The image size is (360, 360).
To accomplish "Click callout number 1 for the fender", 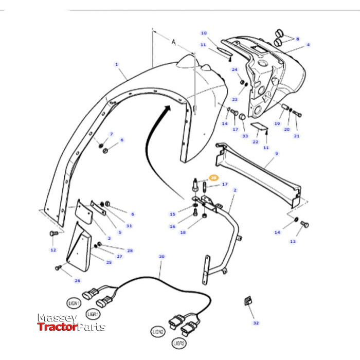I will [117, 64].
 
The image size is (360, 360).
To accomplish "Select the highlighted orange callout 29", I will [213, 177].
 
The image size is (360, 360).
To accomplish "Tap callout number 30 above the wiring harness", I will [161, 256].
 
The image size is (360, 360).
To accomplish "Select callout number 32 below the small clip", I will [256, 323].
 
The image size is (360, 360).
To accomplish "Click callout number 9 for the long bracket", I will [276, 154].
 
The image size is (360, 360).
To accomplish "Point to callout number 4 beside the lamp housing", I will [308, 45].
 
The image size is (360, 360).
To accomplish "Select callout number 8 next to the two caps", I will [297, 39].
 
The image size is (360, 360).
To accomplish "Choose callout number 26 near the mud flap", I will [78, 280].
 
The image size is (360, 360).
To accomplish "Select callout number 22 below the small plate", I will [255, 142].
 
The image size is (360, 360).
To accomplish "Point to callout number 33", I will [245, 136].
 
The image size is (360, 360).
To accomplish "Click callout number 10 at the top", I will [204, 33].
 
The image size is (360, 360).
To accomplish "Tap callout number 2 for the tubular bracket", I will [235, 190].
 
